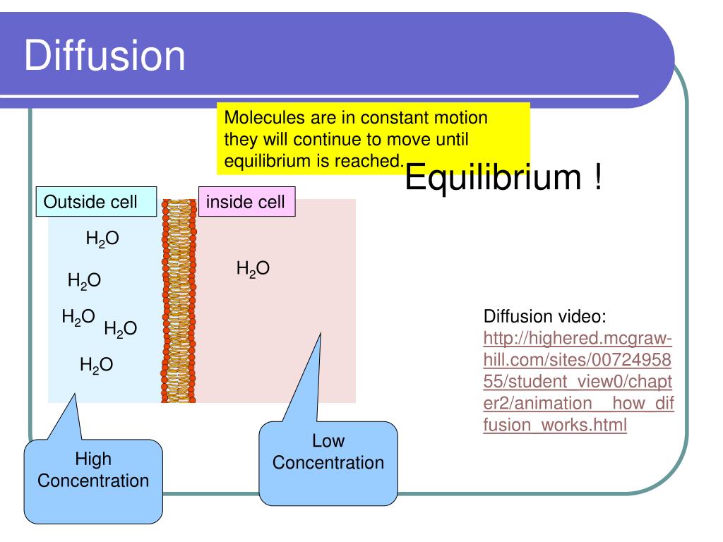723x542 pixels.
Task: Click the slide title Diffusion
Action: click(x=105, y=56)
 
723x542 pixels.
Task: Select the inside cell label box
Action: click(x=246, y=203)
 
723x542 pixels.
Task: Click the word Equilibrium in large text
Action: click(x=491, y=179)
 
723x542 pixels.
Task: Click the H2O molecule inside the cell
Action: click(x=253, y=268)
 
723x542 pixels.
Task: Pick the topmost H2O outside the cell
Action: click(x=102, y=239)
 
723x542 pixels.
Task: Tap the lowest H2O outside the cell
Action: click(x=96, y=365)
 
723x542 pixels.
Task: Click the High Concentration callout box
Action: click(x=93, y=481)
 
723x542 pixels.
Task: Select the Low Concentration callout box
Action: click(x=328, y=462)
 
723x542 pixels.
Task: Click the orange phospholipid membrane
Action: click(x=179, y=301)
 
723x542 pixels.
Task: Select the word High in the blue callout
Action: click(x=93, y=459)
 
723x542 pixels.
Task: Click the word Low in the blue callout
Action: click(x=328, y=442)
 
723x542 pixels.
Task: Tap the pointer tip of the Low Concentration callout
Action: click(x=321, y=334)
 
